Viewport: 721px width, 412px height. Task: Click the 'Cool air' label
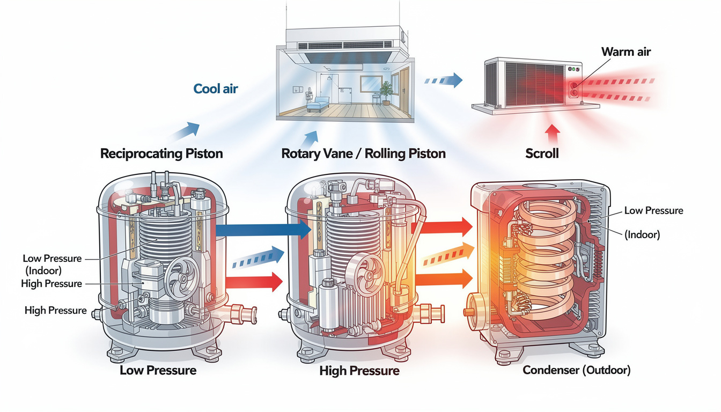click(215, 89)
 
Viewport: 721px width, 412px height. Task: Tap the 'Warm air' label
click(626, 51)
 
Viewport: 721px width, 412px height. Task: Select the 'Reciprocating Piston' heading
click(161, 153)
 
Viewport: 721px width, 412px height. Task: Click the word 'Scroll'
click(542, 153)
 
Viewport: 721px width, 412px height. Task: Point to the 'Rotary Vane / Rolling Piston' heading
click(363, 153)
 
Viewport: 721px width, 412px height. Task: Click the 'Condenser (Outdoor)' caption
click(577, 370)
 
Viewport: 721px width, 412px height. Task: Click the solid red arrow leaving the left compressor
click(254, 282)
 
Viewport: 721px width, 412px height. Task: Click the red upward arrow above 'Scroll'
click(553, 133)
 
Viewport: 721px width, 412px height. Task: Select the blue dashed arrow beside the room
click(444, 80)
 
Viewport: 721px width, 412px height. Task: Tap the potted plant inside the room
click(386, 93)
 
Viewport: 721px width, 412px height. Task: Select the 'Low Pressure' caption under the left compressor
click(158, 371)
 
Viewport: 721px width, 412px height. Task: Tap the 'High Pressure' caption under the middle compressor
click(359, 371)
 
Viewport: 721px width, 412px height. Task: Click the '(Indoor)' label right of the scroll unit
click(642, 234)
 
